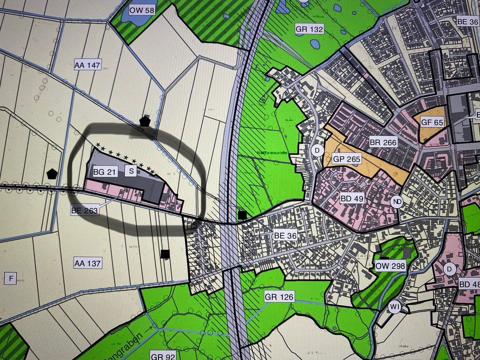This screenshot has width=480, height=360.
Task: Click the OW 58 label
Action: point(142,10)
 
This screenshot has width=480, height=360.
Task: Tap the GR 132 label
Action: point(309,29)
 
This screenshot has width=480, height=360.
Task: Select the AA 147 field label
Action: point(87,65)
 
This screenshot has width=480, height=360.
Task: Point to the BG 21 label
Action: point(104,172)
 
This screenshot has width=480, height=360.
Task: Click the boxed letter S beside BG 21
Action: point(131,171)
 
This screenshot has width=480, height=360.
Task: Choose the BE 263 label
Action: point(85,210)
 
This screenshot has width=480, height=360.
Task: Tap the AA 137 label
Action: point(87,263)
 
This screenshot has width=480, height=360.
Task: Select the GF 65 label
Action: point(432,122)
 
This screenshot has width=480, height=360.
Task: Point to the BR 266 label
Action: point(383,143)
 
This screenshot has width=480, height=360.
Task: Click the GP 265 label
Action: point(347,159)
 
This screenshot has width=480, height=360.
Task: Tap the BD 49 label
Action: point(352,199)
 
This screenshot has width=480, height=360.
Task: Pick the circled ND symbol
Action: point(397,202)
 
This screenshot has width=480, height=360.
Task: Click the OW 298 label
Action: point(390,266)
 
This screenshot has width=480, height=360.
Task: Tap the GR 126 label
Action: point(280,296)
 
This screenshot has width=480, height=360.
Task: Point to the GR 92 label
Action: point(163,356)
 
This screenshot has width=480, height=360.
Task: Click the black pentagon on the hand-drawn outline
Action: point(144,121)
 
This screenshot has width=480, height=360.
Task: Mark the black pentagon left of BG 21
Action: point(52,173)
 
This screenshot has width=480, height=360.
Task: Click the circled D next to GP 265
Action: point(317,151)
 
